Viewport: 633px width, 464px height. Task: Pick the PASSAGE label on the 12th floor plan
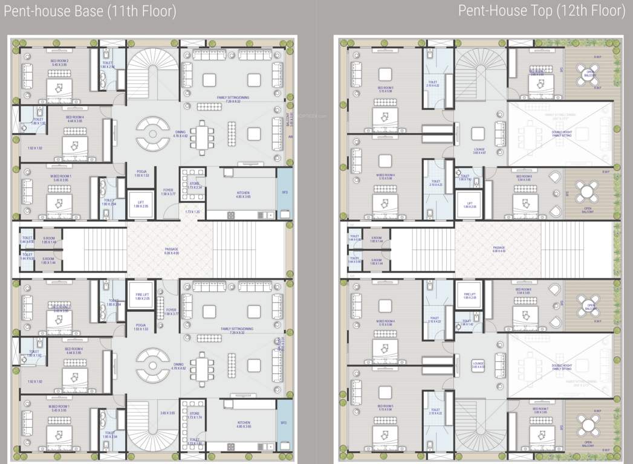499,248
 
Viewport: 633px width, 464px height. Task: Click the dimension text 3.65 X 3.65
167,413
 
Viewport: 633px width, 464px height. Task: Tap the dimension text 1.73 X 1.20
192,213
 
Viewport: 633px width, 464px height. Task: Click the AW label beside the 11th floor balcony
291,137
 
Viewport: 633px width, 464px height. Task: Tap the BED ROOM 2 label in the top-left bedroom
59,62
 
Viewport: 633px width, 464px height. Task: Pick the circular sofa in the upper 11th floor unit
153,134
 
